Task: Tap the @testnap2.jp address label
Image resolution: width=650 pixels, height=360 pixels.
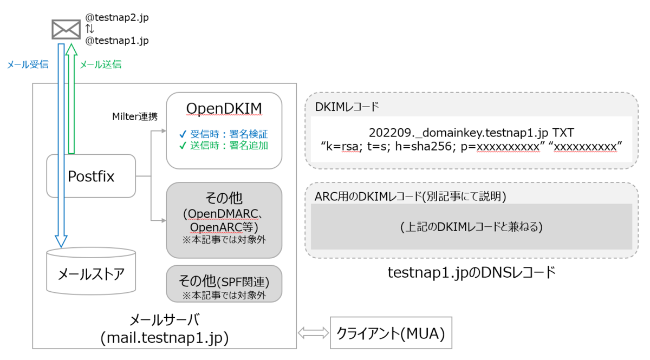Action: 117,17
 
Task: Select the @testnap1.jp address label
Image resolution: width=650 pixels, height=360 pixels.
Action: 117,41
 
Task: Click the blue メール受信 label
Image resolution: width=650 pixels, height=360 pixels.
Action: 27,65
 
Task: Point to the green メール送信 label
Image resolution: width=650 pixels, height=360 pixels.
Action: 101,65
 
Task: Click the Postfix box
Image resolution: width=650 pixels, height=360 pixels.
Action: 91,176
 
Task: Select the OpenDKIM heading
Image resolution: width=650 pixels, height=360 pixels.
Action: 224,109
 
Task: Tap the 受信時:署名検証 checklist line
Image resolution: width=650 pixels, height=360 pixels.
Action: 224,134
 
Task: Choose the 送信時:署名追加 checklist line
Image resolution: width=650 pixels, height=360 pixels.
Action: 224,146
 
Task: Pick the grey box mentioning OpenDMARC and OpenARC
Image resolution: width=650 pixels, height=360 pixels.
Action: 224,220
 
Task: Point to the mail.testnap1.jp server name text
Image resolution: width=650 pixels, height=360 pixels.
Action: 165,337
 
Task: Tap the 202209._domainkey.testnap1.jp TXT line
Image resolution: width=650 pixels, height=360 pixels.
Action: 471,132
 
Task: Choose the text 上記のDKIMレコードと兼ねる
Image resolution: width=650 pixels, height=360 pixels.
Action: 471,227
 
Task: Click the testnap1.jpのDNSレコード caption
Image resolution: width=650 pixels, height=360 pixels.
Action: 471,272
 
